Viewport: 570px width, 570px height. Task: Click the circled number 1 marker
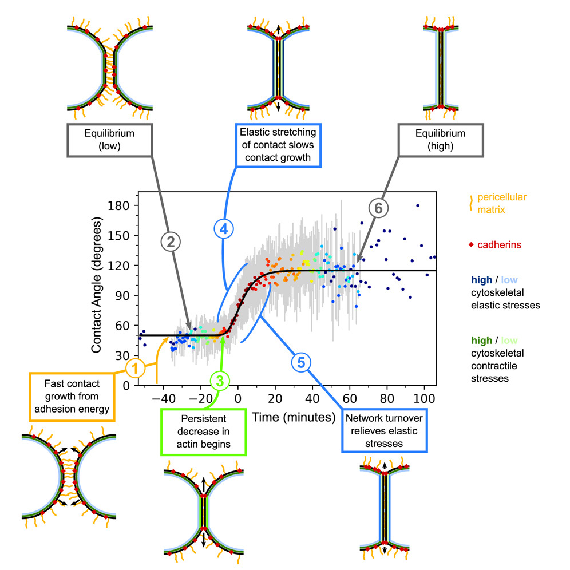136,368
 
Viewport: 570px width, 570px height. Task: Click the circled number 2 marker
170,243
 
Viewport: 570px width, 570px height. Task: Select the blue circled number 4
224,229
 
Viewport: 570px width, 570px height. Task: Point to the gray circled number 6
378,209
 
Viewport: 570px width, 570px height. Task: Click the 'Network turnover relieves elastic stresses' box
384,428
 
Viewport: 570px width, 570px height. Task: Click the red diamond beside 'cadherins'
470,245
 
